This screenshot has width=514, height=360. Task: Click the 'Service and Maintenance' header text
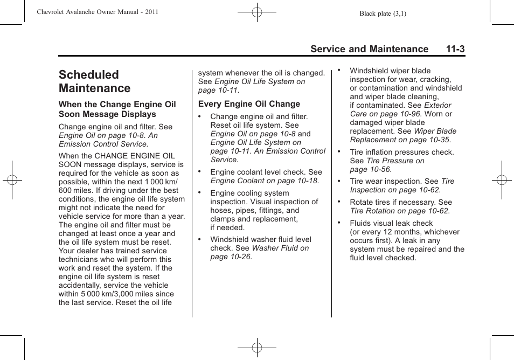369,49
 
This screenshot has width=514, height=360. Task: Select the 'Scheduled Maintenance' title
95,81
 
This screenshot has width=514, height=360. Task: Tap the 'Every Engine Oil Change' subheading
249,104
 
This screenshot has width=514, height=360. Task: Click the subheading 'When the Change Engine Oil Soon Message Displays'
117,109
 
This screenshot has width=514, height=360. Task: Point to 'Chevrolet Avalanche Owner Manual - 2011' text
98,12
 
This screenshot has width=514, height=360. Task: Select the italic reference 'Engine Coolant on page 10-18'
264,181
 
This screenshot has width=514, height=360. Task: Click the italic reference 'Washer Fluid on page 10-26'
259,252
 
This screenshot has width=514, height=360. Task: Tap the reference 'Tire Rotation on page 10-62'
399,211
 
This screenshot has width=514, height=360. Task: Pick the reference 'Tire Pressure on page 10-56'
387,165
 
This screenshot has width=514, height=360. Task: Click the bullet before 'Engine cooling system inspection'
199,192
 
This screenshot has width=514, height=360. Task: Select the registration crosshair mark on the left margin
11,180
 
